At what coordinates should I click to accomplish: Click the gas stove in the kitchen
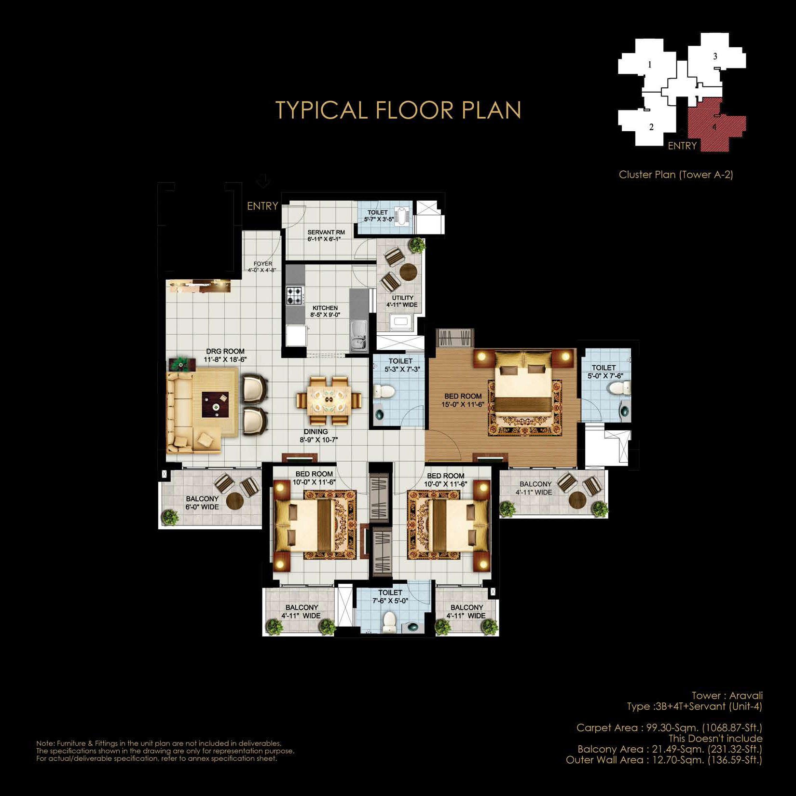[294, 295]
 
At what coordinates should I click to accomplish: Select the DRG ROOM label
[225, 351]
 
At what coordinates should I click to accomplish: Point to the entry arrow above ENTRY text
[263, 181]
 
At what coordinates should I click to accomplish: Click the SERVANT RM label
[326, 232]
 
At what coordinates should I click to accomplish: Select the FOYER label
[263, 264]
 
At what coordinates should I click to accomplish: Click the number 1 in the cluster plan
[650, 65]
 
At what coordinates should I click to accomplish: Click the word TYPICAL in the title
[321, 110]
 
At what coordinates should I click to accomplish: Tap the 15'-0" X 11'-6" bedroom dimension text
[463, 405]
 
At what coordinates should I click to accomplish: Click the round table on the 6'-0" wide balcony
[235, 501]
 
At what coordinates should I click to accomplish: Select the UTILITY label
[403, 298]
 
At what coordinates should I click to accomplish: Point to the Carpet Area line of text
[670, 727]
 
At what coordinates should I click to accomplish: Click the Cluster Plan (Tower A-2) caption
[676, 175]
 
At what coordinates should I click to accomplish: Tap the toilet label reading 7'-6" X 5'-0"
[390, 601]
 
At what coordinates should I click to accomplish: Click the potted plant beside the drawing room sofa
[179, 363]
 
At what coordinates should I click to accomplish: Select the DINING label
[316, 432]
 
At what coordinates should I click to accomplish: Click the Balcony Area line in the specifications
[670, 749]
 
